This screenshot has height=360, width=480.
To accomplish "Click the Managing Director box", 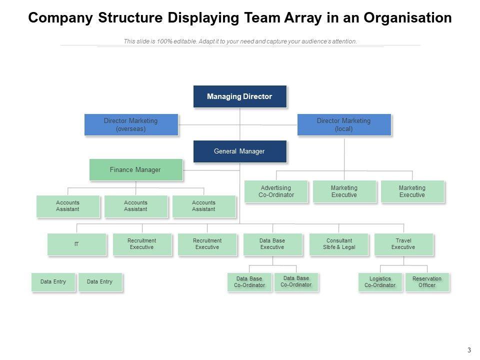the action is click(240, 96).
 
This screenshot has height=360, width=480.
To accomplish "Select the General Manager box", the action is click(240, 151).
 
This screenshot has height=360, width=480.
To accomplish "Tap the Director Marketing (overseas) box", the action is click(131, 124).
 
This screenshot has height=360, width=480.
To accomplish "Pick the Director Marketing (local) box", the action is click(344, 124).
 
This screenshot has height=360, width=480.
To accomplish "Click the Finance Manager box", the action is click(136, 169).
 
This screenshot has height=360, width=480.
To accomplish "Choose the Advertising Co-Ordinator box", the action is click(276, 191).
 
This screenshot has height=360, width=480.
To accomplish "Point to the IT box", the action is click(77, 244).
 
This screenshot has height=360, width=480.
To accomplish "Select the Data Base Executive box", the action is click(272, 244).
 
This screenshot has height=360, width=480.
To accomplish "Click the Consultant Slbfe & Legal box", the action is click(339, 244).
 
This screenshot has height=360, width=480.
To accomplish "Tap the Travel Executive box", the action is click(404, 244).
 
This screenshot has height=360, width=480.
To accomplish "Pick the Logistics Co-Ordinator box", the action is click(380, 282).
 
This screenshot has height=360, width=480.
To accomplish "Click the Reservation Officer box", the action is click(427, 282).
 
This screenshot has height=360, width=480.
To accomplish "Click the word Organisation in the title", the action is click(407, 18).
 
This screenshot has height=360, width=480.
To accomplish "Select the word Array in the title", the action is click(303, 18).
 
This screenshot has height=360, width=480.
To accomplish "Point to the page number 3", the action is click(469, 350).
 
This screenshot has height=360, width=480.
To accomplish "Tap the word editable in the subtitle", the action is click(185, 41).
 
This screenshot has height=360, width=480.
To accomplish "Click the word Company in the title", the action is click(60, 18).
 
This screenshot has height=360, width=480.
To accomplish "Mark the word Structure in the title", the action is click(130, 18).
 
